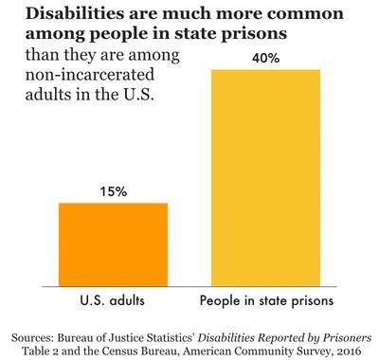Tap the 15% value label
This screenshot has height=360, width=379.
click(113, 191)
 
